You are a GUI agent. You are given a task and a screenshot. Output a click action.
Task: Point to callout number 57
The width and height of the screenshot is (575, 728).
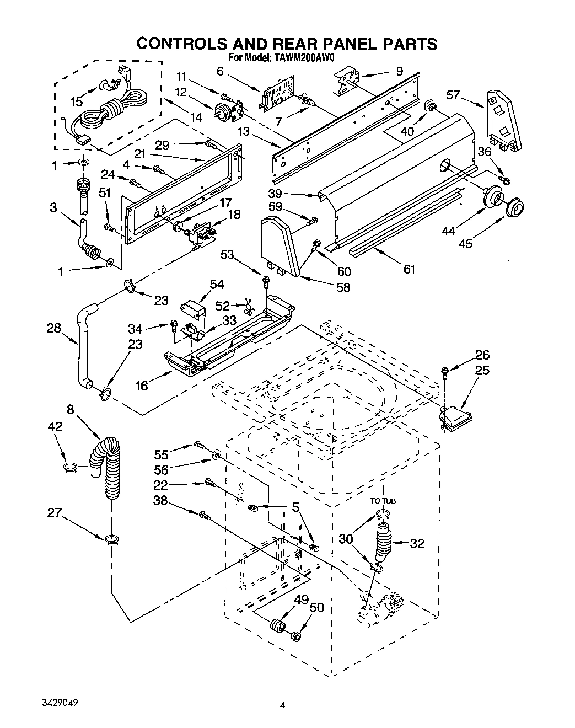[453, 96]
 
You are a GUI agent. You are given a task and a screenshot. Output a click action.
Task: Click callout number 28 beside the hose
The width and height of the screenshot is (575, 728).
[53, 329]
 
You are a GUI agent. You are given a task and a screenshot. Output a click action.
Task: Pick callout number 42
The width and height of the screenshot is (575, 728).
[55, 426]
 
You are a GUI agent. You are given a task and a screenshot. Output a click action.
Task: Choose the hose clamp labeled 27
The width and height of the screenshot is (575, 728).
[110, 538]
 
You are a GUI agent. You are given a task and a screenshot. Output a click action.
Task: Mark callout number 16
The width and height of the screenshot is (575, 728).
[142, 385]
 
